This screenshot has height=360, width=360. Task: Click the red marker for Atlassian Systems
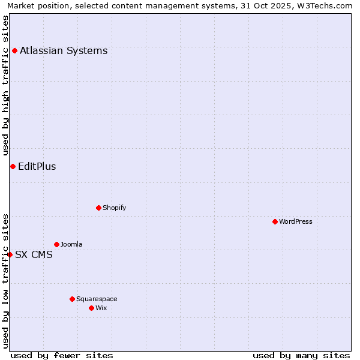click(14, 50)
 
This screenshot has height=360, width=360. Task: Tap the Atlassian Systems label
click(64, 50)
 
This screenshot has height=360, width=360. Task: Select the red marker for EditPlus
click(13, 166)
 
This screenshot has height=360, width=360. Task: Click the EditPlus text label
click(37, 166)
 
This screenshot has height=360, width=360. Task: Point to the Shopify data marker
click(98, 208)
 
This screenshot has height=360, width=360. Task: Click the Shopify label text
click(114, 208)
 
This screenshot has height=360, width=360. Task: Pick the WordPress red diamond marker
click(275, 221)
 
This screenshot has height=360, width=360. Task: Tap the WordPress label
click(296, 221)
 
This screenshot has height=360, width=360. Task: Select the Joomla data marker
click(56, 244)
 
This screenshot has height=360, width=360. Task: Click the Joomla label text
click(71, 244)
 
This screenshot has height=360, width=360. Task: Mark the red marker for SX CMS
click(10, 254)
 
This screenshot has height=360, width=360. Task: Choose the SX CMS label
click(34, 254)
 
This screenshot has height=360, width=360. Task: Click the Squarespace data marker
click(72, 299)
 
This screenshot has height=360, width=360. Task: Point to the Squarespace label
click(97, 299)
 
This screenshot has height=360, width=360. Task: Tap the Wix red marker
click(91, 308)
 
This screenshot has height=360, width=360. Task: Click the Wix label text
click(101, 308)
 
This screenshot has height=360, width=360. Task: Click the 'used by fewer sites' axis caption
click(62, 355)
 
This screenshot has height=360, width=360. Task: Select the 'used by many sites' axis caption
click(301, 355)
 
